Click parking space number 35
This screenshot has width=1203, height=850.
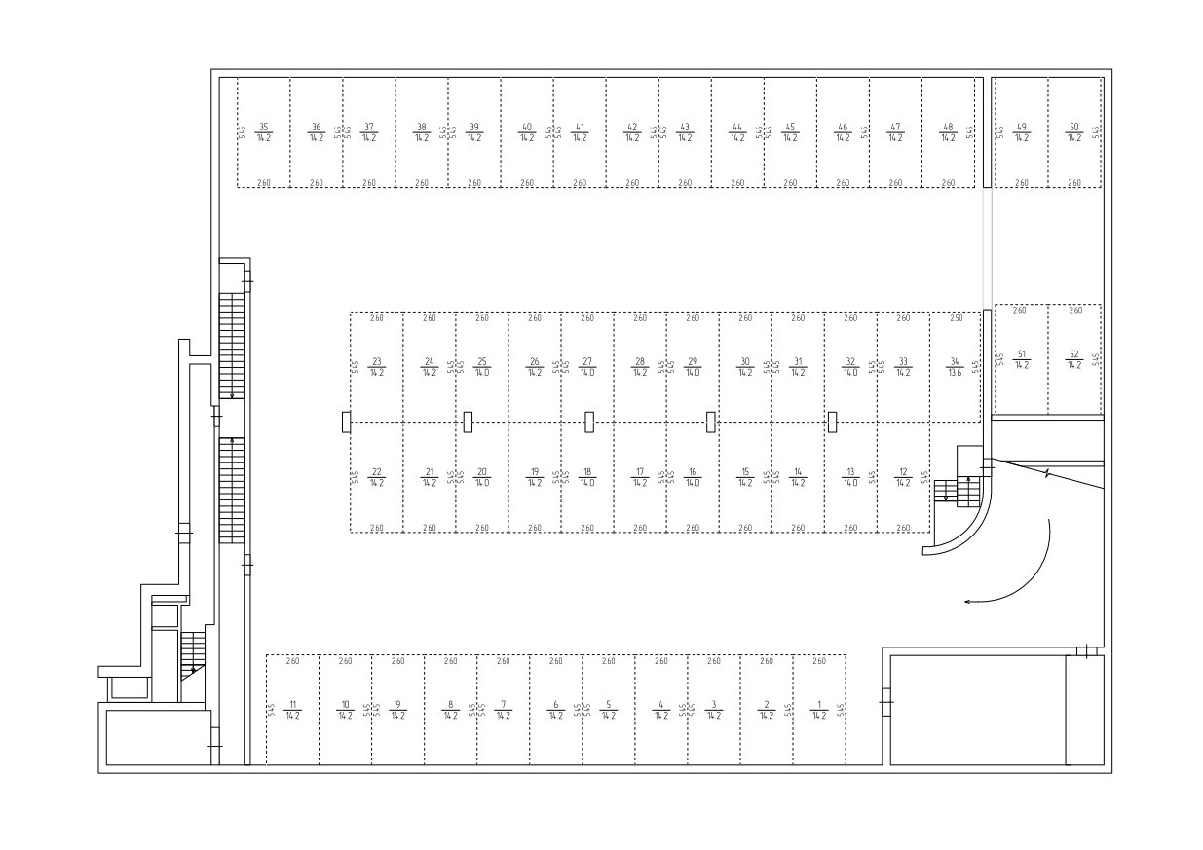[263, 131]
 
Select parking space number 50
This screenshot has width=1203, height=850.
[1074, 131]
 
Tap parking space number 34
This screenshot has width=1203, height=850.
[955, 366]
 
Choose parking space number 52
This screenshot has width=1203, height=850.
[1074, 359]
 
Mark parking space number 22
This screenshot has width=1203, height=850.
[377, 477]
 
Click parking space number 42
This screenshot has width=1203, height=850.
[632, 131]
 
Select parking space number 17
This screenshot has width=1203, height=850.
[640, 477]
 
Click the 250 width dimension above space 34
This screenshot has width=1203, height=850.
[956, 318]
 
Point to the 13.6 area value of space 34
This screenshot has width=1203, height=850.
[955, 372]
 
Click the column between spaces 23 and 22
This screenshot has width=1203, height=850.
[346, 422]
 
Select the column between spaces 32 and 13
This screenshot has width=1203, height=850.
[832, 422]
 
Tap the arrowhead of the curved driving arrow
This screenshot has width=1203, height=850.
[967, 602]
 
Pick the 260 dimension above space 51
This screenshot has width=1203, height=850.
[1020, 311]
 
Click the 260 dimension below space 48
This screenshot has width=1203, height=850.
[948, 183]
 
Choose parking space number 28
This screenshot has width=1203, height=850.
[640, 366]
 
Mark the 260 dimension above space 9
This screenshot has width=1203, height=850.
[397, 662]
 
